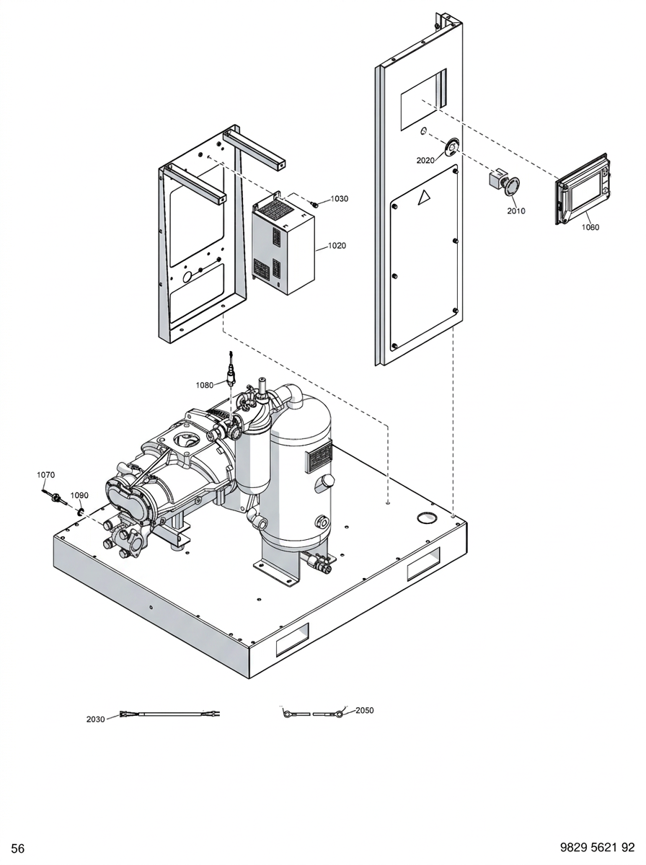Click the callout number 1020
point(337,246)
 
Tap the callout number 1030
point(340,199)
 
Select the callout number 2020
point(425,161)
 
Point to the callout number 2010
point(516,211)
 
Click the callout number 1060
point(590,227)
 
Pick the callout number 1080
point(205,385)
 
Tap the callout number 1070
point(45,475)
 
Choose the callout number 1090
point(79,495)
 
